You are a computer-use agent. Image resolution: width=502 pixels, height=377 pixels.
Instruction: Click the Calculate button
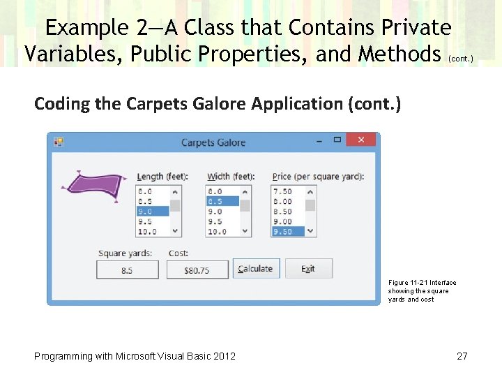point(255,269)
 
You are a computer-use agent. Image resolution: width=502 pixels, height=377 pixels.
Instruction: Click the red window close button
point(360,140)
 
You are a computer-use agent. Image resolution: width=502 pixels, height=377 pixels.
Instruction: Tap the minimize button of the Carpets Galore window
point(319,140)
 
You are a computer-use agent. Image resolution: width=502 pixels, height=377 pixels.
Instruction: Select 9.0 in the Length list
point(152,211)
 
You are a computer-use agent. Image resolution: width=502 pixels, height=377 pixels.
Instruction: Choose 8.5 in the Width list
point(222,201)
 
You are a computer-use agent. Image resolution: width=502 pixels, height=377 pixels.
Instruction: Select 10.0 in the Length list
point(152,231)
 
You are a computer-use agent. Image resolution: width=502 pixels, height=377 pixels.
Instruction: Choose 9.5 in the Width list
point(222,221)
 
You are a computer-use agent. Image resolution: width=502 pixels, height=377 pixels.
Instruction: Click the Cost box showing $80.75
point(197,269)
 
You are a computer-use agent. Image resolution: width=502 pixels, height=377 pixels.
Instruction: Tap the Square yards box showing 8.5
point(127,269)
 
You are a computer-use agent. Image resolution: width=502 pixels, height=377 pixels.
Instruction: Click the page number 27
point(462,356)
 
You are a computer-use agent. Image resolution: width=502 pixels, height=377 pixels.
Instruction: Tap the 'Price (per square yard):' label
point(317,177)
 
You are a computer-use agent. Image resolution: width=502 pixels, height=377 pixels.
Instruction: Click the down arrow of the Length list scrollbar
point(175,231)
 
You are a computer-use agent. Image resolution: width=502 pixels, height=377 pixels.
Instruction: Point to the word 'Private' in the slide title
point(417,28)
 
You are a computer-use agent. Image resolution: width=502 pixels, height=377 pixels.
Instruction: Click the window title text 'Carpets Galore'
point(213,142)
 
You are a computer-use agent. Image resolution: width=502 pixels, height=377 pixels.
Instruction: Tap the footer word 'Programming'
point(63,356)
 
